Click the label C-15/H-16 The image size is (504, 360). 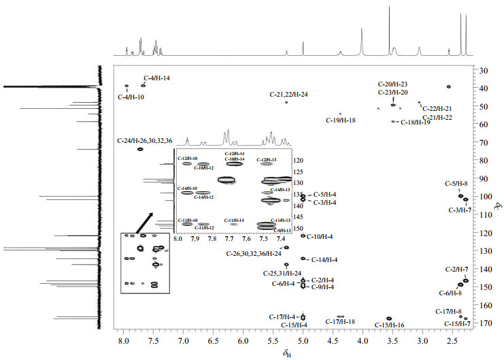390,325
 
